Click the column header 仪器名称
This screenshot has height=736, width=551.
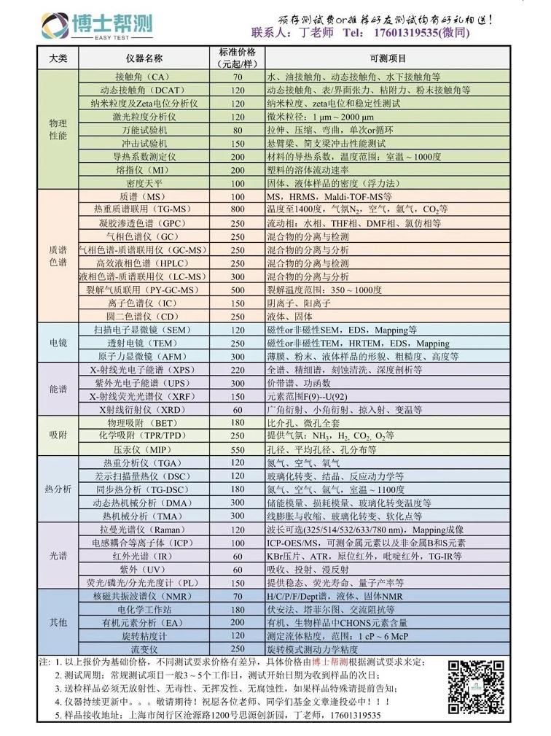(x=144, y=58)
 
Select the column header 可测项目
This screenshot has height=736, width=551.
(x=387, y=58)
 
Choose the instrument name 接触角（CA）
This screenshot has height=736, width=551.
(x=144, y=77)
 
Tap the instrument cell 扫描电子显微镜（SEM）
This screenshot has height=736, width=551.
(x=144, y=330)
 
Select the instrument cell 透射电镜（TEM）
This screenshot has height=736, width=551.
(x=144, y=343)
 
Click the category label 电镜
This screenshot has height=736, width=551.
(x=58, y=343)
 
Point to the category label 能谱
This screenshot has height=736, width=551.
(x=58, y=390)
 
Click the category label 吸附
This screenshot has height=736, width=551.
(x=58, y=436)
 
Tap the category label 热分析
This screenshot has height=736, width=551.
(x=58, y=489)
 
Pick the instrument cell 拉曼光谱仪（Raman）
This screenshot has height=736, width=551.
(x=144, y=530)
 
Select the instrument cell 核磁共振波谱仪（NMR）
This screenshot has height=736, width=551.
(x=144, y=596)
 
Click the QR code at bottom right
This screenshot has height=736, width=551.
(x=474, y=686)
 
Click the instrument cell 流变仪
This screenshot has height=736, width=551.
(x=144, y=648)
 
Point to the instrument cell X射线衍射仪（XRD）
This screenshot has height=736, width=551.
(x=144, y=410)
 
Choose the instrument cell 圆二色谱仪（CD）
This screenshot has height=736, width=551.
(x=144, y=316)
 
